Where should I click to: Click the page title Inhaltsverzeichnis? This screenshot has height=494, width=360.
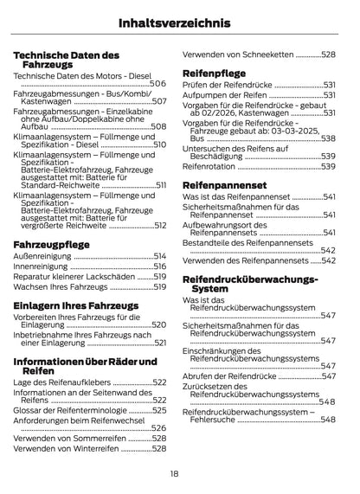180,21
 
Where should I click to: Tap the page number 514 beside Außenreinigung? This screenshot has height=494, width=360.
159,257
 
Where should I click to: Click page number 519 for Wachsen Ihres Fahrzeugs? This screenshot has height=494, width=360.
159,285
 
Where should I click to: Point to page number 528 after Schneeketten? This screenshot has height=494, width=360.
326,54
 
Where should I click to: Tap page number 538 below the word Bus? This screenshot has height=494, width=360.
328,138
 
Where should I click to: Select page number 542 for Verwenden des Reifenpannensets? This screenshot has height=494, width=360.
328,259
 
